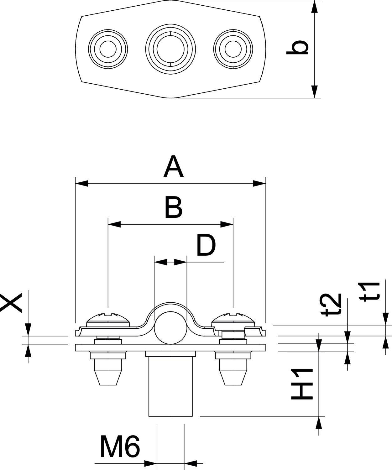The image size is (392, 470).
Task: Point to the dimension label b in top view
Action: (297, 48)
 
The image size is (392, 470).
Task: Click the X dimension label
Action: (11, 303)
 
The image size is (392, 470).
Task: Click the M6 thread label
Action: (120, 446)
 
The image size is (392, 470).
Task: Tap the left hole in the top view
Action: (108, 49)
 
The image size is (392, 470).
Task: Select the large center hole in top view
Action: (170, 49)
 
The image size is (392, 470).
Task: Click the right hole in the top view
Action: (233, 49)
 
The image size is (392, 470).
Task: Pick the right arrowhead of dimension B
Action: (227, 224)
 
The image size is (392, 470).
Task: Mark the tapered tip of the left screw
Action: (108, 378)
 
